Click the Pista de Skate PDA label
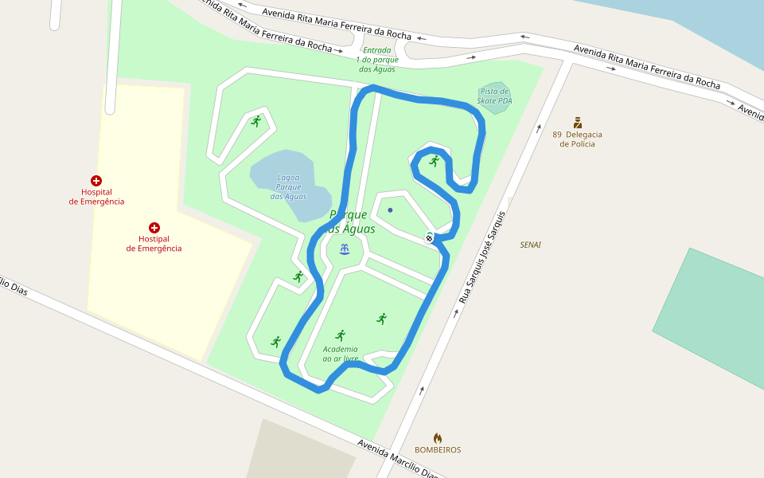[495, 96]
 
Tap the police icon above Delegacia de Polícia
[578, 123]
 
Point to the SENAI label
[530, 245]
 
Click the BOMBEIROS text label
[438, 450]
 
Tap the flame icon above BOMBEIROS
[438, 437]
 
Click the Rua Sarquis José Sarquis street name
[482, 258]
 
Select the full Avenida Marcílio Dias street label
[398, 459]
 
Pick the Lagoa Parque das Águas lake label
[288, 186]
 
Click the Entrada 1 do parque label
[377, 60]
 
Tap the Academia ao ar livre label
[340, 354]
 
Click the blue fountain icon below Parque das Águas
[344, 249]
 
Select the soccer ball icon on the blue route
[430, 237]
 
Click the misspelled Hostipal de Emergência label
[154, 244]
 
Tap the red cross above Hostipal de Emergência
[154, 228]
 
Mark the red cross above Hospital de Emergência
[96, 181]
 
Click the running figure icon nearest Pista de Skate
[434, 161]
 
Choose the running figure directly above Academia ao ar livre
[341, 335]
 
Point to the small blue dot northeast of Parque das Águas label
[390, 210]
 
